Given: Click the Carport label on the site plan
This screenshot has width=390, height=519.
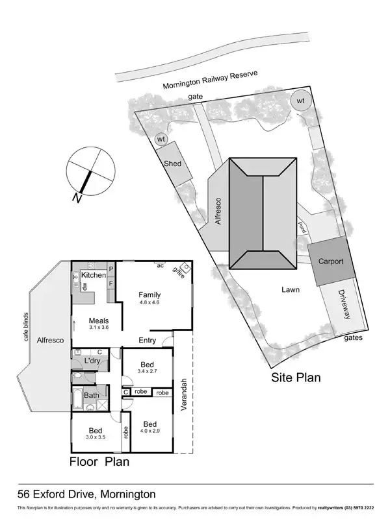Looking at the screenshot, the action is (335, 261).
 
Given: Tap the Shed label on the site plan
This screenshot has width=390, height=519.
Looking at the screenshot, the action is (172, 164).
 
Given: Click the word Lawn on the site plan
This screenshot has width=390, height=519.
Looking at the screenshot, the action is (291, 290).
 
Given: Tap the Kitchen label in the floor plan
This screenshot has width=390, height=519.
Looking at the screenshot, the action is (93, 276).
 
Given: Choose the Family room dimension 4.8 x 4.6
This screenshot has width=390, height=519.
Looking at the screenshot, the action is (149, 302).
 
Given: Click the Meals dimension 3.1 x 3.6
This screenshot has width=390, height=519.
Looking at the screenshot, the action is (99, 328).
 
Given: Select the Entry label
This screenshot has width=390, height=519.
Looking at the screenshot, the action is (148, 341).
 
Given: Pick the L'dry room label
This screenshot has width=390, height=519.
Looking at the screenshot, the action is (92, 361).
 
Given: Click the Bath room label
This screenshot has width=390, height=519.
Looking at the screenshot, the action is (91, 395).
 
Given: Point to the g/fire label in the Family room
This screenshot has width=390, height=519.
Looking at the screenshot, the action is (179, 271).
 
